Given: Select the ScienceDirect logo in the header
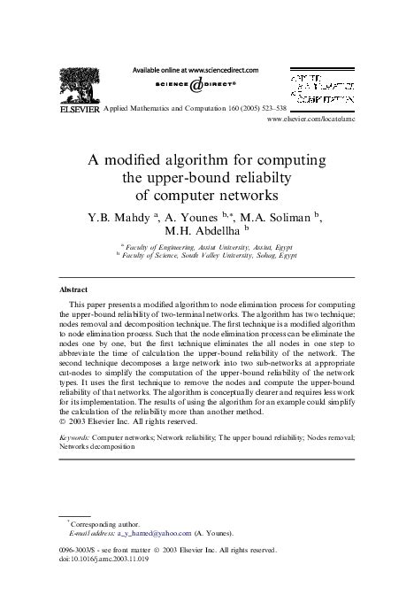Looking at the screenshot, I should [195, 88].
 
